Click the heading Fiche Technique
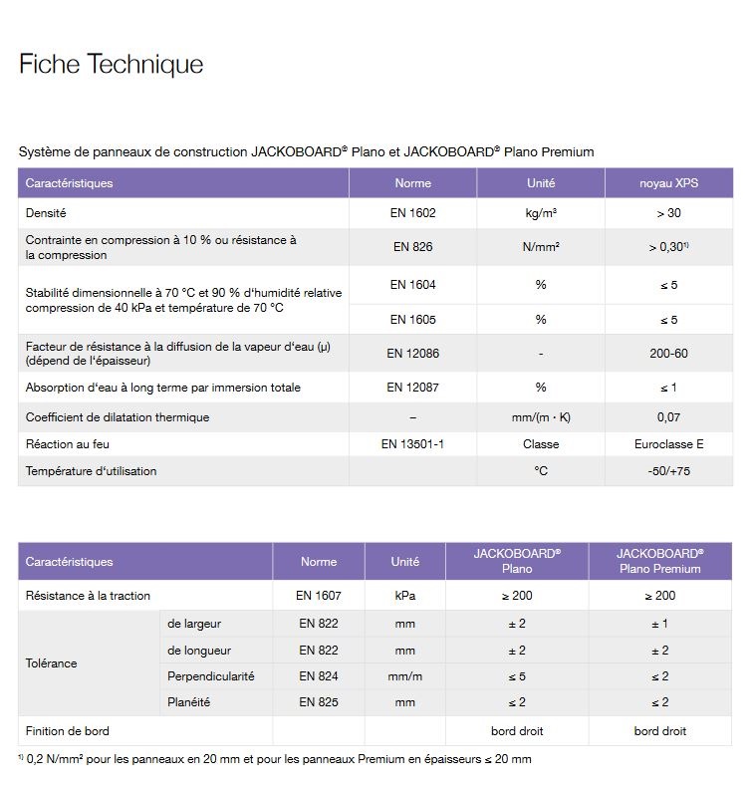point(111,65)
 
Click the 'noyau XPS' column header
point(668,183)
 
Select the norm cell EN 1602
point(412,213)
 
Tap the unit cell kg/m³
point(541,213)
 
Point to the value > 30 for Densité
point(668,213)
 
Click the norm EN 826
point(412,247)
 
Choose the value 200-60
point(668,353)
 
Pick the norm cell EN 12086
point(412,353)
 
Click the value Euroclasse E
point(668,444)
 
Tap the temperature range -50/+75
point(668,471)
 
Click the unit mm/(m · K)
point(541,417)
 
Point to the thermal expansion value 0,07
point(668,417)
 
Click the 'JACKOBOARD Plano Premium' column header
point(659,561)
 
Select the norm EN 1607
point(319,596)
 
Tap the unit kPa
point(404,596)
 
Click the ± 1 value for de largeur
point(659,624)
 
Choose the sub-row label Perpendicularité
point(211,676)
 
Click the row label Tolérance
point(52,662)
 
